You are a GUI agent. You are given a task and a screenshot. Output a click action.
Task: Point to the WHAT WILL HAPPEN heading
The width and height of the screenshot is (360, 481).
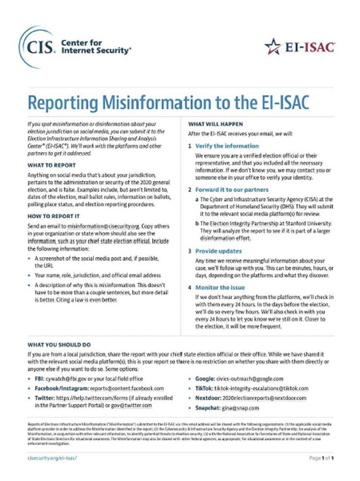click(216, 124)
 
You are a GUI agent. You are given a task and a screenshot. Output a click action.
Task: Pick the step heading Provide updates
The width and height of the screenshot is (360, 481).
click(218, 251)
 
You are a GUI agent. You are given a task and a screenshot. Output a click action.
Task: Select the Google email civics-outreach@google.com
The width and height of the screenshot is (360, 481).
click(253, 379)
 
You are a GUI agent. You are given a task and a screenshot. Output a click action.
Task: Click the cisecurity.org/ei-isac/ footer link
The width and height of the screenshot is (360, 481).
click(53, 458)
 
